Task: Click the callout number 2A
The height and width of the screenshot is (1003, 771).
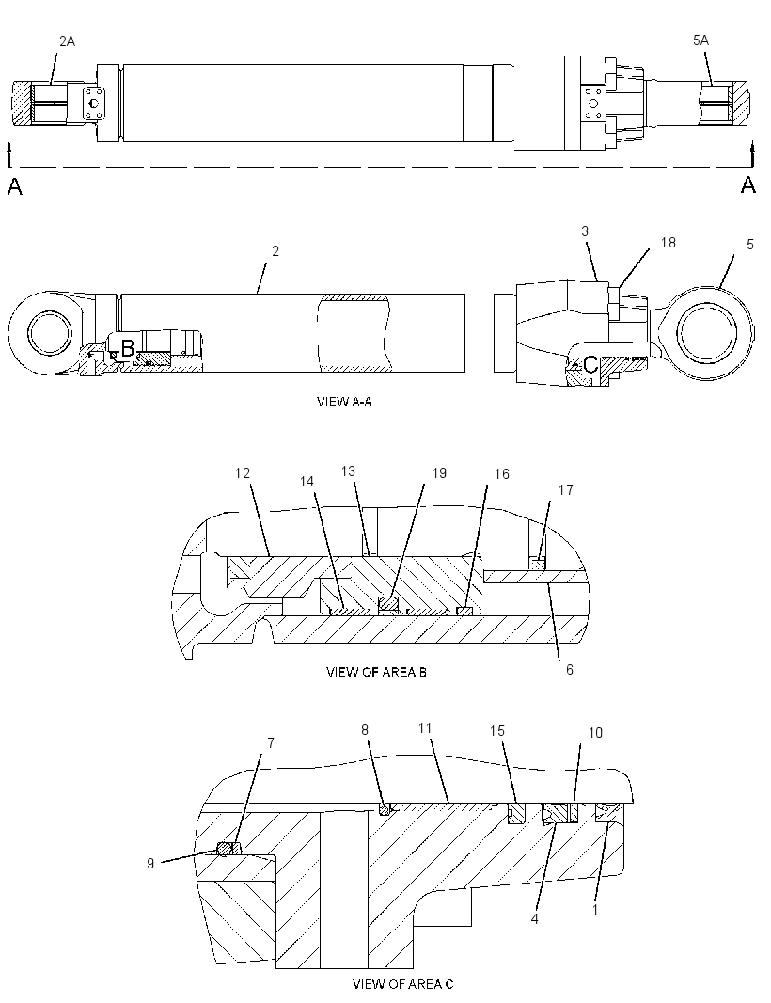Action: tap(67, 41)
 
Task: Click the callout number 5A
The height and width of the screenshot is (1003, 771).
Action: tap(700, 40)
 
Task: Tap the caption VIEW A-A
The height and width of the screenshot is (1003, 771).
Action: tap(344, 401)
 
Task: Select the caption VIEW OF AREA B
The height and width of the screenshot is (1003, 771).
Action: tap(376, 672)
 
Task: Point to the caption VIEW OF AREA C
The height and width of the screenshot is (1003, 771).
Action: tap(402, 984)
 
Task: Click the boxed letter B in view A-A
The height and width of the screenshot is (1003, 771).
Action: tap(127, 349)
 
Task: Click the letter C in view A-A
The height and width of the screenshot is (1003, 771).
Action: tap(590, 365)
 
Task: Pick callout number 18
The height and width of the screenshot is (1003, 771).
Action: tap(669, 243)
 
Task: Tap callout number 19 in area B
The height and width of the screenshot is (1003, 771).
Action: tap(439, 472)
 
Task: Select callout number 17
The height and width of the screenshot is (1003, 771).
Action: tap(566, 490)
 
